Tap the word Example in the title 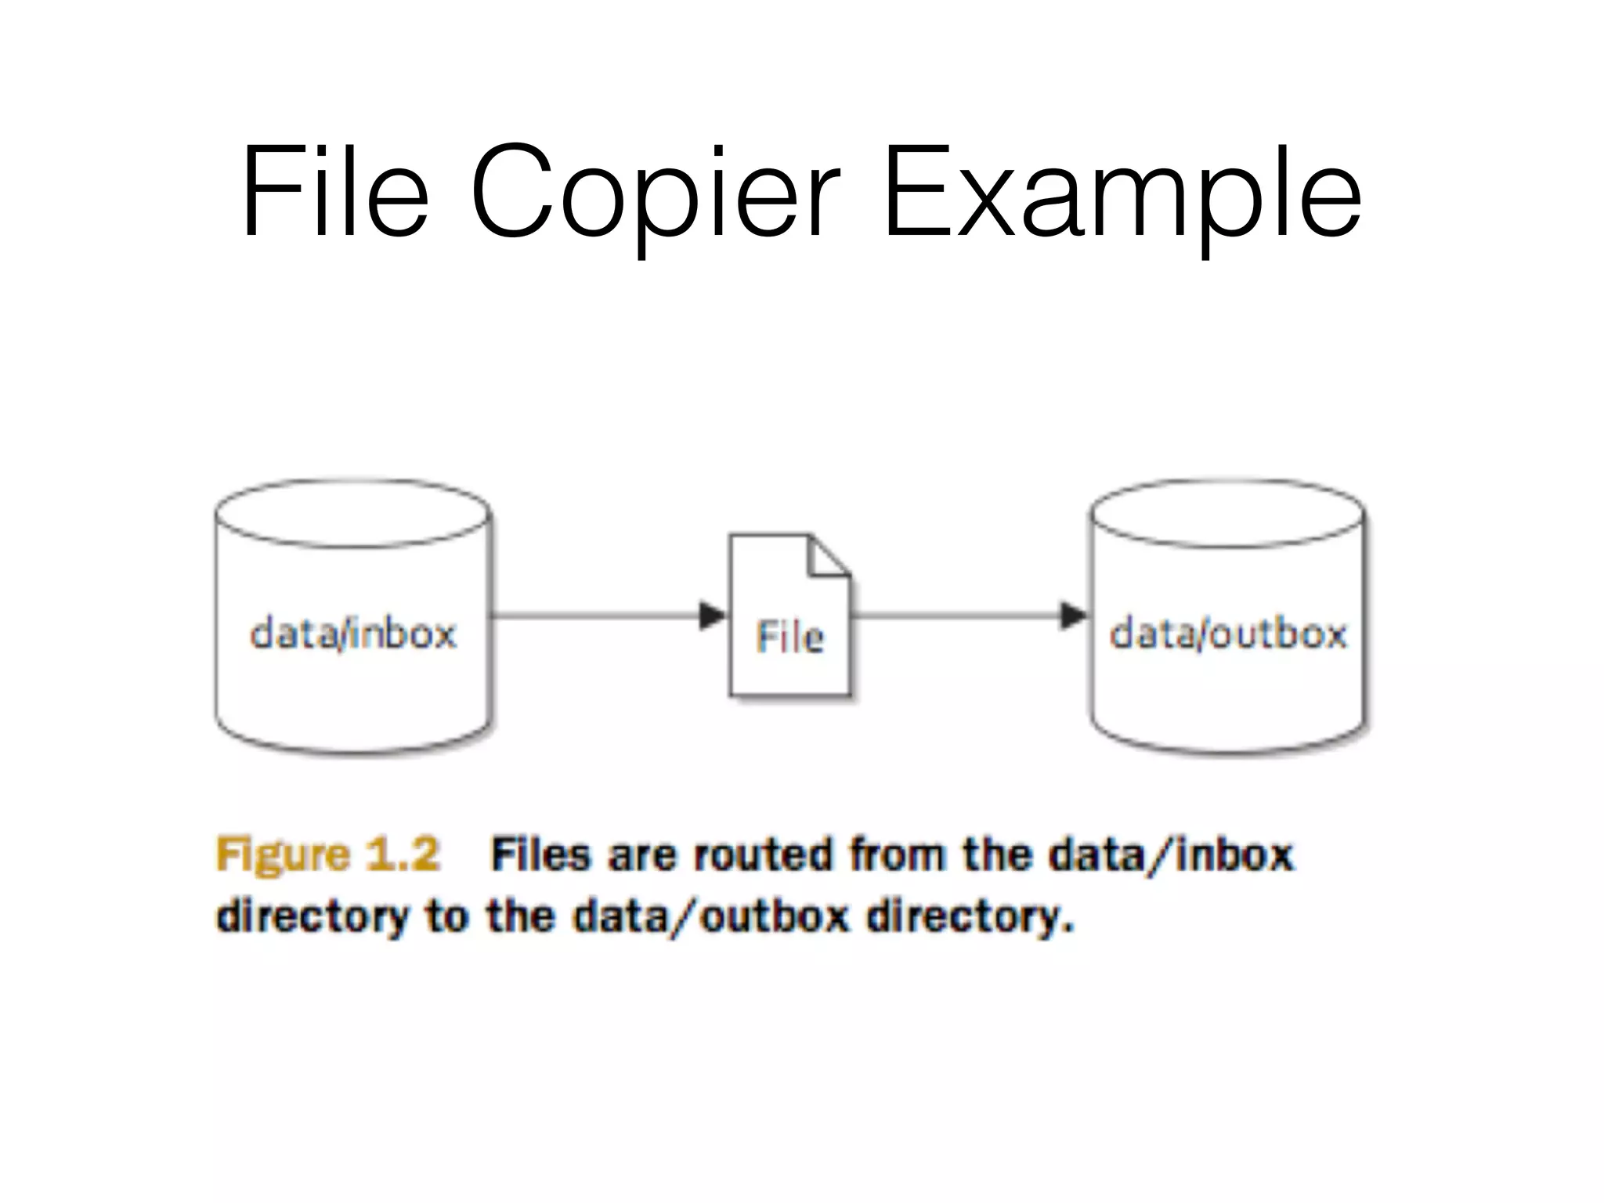click(1122, 192)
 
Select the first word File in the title click(335, 192)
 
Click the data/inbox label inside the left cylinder click(352, 634)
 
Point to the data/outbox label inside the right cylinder click(1228, 634)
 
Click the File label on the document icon click(789, 637)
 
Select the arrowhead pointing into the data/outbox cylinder click(1073, 616)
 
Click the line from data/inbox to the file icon click(595, 616)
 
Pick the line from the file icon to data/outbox click(956, 616)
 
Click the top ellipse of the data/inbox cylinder click(352, 513)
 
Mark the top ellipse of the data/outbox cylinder click(1228, 513)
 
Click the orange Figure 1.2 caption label click(327, 854)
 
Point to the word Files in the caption click(540, 854)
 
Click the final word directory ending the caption click(969, 916)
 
